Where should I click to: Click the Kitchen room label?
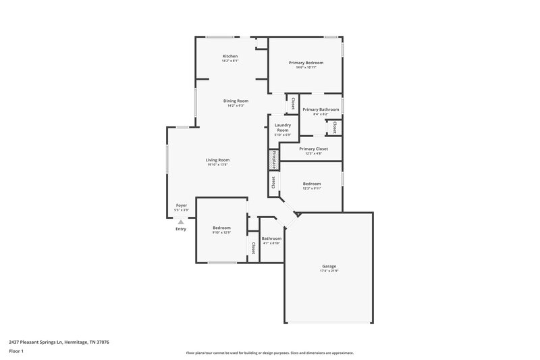(230, 55)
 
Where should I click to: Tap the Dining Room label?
(236, 101)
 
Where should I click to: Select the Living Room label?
(218, 160)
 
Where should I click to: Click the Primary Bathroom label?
(321, 109)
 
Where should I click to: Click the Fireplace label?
(274, 159)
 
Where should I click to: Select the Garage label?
(329, 266)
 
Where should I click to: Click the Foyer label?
(181, 205)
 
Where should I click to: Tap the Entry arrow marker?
(180, 221)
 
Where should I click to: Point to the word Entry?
(181, 230)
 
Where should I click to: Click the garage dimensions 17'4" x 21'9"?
(329, 272)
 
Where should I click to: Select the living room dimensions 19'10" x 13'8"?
(217, 165)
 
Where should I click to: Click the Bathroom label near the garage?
(271, 238)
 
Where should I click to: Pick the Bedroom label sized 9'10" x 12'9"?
(221, 228)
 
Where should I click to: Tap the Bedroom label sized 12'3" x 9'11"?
(312, 184)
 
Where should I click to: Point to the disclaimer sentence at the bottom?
(269, 353)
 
